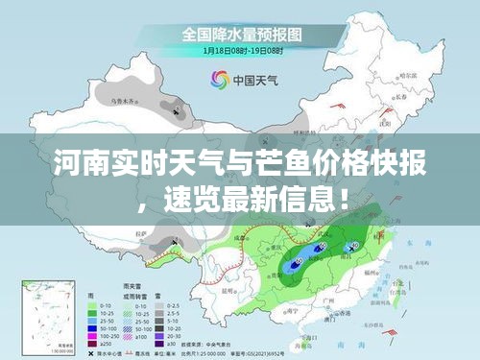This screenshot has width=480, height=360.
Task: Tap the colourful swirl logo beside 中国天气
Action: pyautogui.click(x=214, y=81)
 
